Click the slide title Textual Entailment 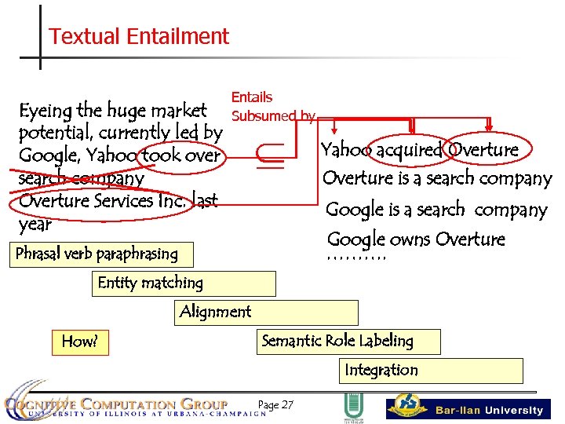point(138,37)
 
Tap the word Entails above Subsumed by point(252,97)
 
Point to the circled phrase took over point(180,155)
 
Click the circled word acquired point(408,150)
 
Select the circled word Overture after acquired point(483,150)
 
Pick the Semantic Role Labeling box point(349,342)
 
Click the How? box point(80,342)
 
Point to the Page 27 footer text point(275,405)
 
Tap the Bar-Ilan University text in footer point(489,410)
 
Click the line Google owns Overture point(416,239)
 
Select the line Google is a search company point(436,210)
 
